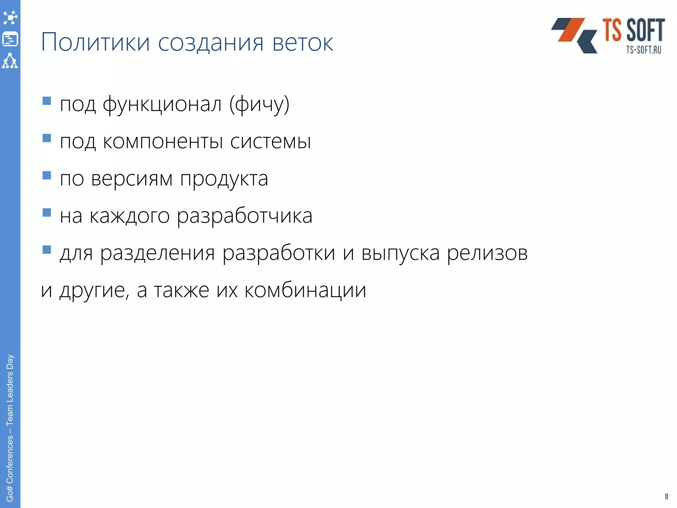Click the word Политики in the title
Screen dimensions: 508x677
[x=95, y=42]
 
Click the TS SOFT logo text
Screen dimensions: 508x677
[x=633, y=30]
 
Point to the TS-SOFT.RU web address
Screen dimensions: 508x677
[x=643, y=50]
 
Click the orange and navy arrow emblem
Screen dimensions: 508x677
[x=574, y=35]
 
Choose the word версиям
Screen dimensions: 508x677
[x=132, y=179]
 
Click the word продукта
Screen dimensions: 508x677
[x=224, y=180]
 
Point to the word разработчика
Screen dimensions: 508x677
[x=245, y=216]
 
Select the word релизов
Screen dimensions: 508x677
[x=487, y=254]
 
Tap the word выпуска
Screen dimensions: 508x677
[x=400, y=254]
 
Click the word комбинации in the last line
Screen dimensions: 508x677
[x=305, y=290]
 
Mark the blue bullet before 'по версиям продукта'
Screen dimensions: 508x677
[x=47, y=175]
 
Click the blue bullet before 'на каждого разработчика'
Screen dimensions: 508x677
[x=47, y=212]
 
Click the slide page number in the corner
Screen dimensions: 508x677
[x=666, y=496]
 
